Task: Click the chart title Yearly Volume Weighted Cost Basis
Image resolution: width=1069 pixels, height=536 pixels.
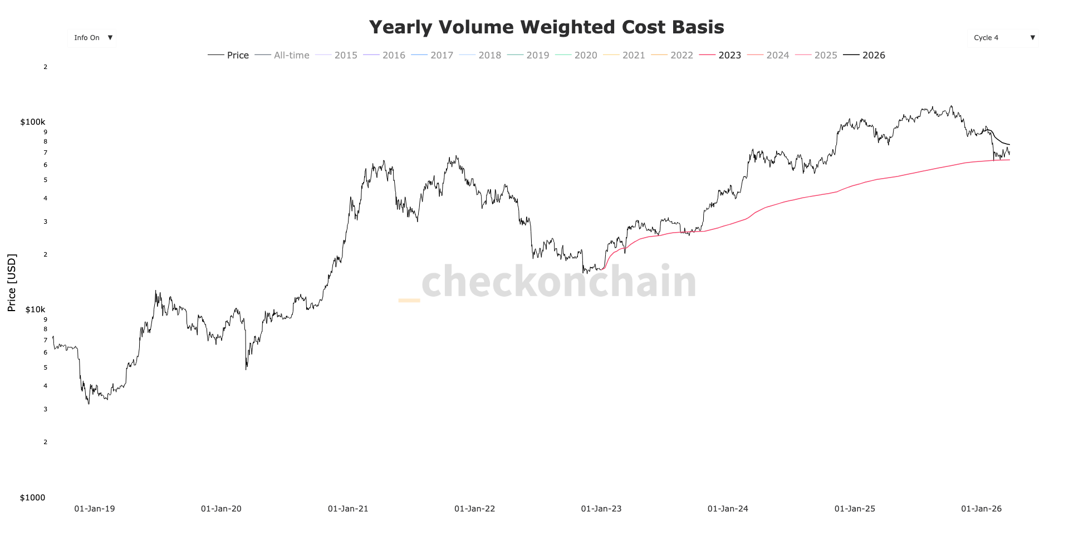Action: click(x=546, y=27)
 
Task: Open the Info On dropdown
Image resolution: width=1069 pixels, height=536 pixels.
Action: click(x=92, y=38)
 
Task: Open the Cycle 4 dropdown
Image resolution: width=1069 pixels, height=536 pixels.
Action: click(x=1002, y=38)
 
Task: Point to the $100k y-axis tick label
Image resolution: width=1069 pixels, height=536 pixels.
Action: click(x=33, y=122)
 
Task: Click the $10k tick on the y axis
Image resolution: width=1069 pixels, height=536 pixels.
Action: click(x=35, y=309)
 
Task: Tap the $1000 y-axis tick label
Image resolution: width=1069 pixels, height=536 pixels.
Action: click(x=32, y=498)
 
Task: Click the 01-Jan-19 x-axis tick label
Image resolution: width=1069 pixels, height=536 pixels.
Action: click(x=95, y=509)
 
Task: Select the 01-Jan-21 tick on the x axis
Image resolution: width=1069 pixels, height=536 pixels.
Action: click(x=348, y=509)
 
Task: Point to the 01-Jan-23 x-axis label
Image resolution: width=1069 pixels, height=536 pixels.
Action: click(x=601, y=509)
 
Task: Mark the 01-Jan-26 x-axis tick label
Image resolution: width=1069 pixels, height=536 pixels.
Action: click(x=981, y=509)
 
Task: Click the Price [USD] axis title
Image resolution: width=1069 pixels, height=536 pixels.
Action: click(x=12, y=283)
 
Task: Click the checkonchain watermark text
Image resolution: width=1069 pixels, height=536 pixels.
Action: click(x=559, y=282)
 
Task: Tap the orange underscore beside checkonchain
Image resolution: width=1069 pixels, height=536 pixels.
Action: click(x=409, y=301)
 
